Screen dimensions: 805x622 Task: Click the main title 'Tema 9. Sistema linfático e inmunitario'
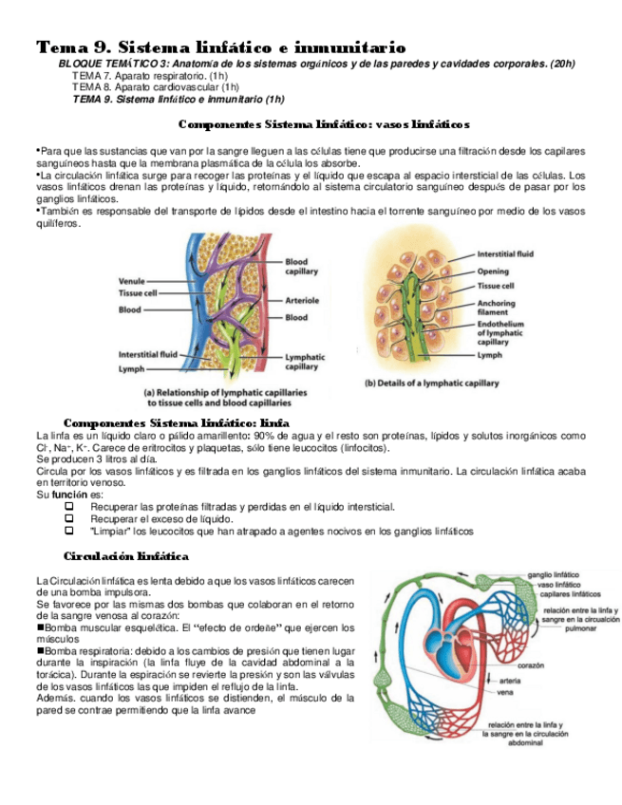pyautogui.click(x=220, y=47)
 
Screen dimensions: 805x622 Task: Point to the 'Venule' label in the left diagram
pyautogui.click(x=132, y=281)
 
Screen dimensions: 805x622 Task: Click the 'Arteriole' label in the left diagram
pyautogui.click(x=302, y=300)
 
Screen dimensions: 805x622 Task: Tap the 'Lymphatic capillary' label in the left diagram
pyautogui.click(x=305, y=362)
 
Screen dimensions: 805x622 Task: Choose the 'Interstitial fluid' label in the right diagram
pyautogui.click(x=505, y=254)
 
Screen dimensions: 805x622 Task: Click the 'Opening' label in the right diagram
pyautogui.click(x=493, y=271)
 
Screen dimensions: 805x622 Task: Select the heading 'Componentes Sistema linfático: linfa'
pyautogui.click(x=176, y=421)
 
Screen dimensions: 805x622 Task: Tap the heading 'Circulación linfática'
pyautogui.click(x=125, y=555)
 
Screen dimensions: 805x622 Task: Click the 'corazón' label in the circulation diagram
pyautogui.click(x=531, y=665)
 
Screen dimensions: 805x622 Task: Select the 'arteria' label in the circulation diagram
pyautogui.click(x=510, y=681)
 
